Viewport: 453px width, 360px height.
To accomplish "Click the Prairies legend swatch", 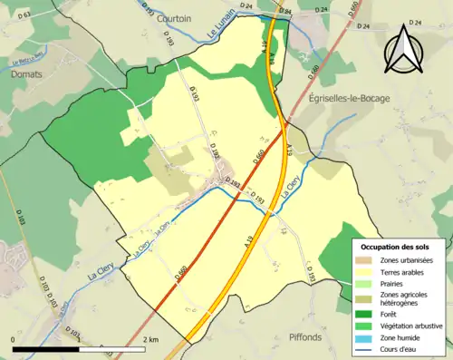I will pos(366,284).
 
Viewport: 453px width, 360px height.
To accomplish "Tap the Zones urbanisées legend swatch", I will pos(366,259).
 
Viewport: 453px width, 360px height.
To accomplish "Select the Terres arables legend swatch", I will pos(366,271).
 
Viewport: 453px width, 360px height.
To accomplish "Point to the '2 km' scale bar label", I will pos(151,339).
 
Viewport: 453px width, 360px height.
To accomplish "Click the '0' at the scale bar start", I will pos(14,339).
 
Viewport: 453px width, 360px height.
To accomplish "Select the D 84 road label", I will pos(286,11).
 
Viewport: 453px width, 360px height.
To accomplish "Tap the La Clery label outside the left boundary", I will pos(77,268).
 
